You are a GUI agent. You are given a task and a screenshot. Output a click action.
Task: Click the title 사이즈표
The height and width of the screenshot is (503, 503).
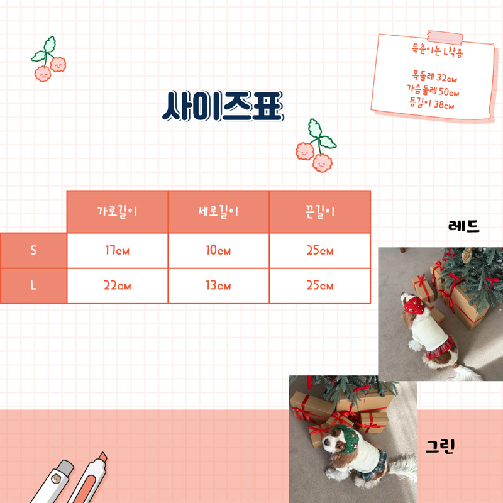223,106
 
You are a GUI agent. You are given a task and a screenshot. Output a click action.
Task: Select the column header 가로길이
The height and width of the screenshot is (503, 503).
117,212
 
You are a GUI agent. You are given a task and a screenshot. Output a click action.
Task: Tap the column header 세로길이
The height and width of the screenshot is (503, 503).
218,212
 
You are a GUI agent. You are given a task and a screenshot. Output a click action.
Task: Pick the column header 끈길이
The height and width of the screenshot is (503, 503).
319,212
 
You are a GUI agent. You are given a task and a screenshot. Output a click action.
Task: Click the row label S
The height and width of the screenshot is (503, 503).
33,250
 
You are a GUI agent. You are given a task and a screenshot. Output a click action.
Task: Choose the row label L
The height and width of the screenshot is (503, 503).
33,285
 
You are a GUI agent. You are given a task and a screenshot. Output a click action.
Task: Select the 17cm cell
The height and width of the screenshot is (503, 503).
117,250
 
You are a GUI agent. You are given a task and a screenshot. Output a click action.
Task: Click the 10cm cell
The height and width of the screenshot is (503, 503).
218,250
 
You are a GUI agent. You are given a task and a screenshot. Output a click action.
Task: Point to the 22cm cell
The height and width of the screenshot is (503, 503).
117,285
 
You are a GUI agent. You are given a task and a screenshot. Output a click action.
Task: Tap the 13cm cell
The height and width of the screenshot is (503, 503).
218,285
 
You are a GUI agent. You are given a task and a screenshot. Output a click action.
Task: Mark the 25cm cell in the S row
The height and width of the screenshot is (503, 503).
319,250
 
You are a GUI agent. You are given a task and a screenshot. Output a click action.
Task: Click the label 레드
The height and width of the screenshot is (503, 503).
463,226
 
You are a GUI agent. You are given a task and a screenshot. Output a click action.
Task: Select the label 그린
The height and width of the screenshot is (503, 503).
440,446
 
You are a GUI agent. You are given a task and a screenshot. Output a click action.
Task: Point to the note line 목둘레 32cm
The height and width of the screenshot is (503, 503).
434,77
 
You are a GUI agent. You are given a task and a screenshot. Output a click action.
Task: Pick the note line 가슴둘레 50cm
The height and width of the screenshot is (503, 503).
433,91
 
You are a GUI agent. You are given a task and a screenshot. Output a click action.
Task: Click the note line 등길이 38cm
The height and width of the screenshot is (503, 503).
432,103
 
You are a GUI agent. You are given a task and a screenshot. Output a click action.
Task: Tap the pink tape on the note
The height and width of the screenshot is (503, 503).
445,37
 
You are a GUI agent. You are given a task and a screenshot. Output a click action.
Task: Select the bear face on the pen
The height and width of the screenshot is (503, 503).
57,478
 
